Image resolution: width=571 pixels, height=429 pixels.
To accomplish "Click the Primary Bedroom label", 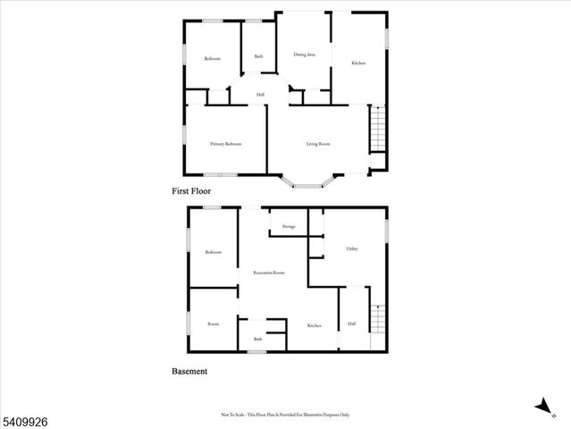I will pos(226,144).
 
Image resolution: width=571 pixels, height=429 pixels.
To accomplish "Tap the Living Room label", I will pos(319,144).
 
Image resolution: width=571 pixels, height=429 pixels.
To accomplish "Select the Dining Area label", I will pos(304,55).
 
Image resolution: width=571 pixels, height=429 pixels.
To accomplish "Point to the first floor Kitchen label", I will pos(357,63).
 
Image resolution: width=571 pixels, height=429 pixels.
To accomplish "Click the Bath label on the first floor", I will pos(258,57).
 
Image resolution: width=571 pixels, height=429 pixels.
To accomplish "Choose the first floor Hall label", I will pos(260,95).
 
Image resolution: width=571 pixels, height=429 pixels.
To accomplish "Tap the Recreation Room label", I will pos(269,273).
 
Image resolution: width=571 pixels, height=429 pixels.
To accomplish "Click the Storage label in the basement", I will pos(289,227).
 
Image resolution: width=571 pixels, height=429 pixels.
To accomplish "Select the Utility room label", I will pos(352,248).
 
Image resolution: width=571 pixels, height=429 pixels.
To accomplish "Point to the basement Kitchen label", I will pos(315,325).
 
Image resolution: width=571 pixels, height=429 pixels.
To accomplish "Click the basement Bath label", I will pos(258,339).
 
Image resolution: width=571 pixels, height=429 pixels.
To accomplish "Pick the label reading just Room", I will pos(213,324).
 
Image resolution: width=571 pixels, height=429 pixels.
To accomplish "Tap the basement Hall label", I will pos(352,323).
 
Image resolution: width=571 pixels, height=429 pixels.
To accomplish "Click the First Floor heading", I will pos(191,191).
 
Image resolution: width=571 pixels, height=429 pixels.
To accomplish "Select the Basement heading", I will pos(189,371).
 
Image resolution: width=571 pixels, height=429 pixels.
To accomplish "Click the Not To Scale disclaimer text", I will pos(285,415).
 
